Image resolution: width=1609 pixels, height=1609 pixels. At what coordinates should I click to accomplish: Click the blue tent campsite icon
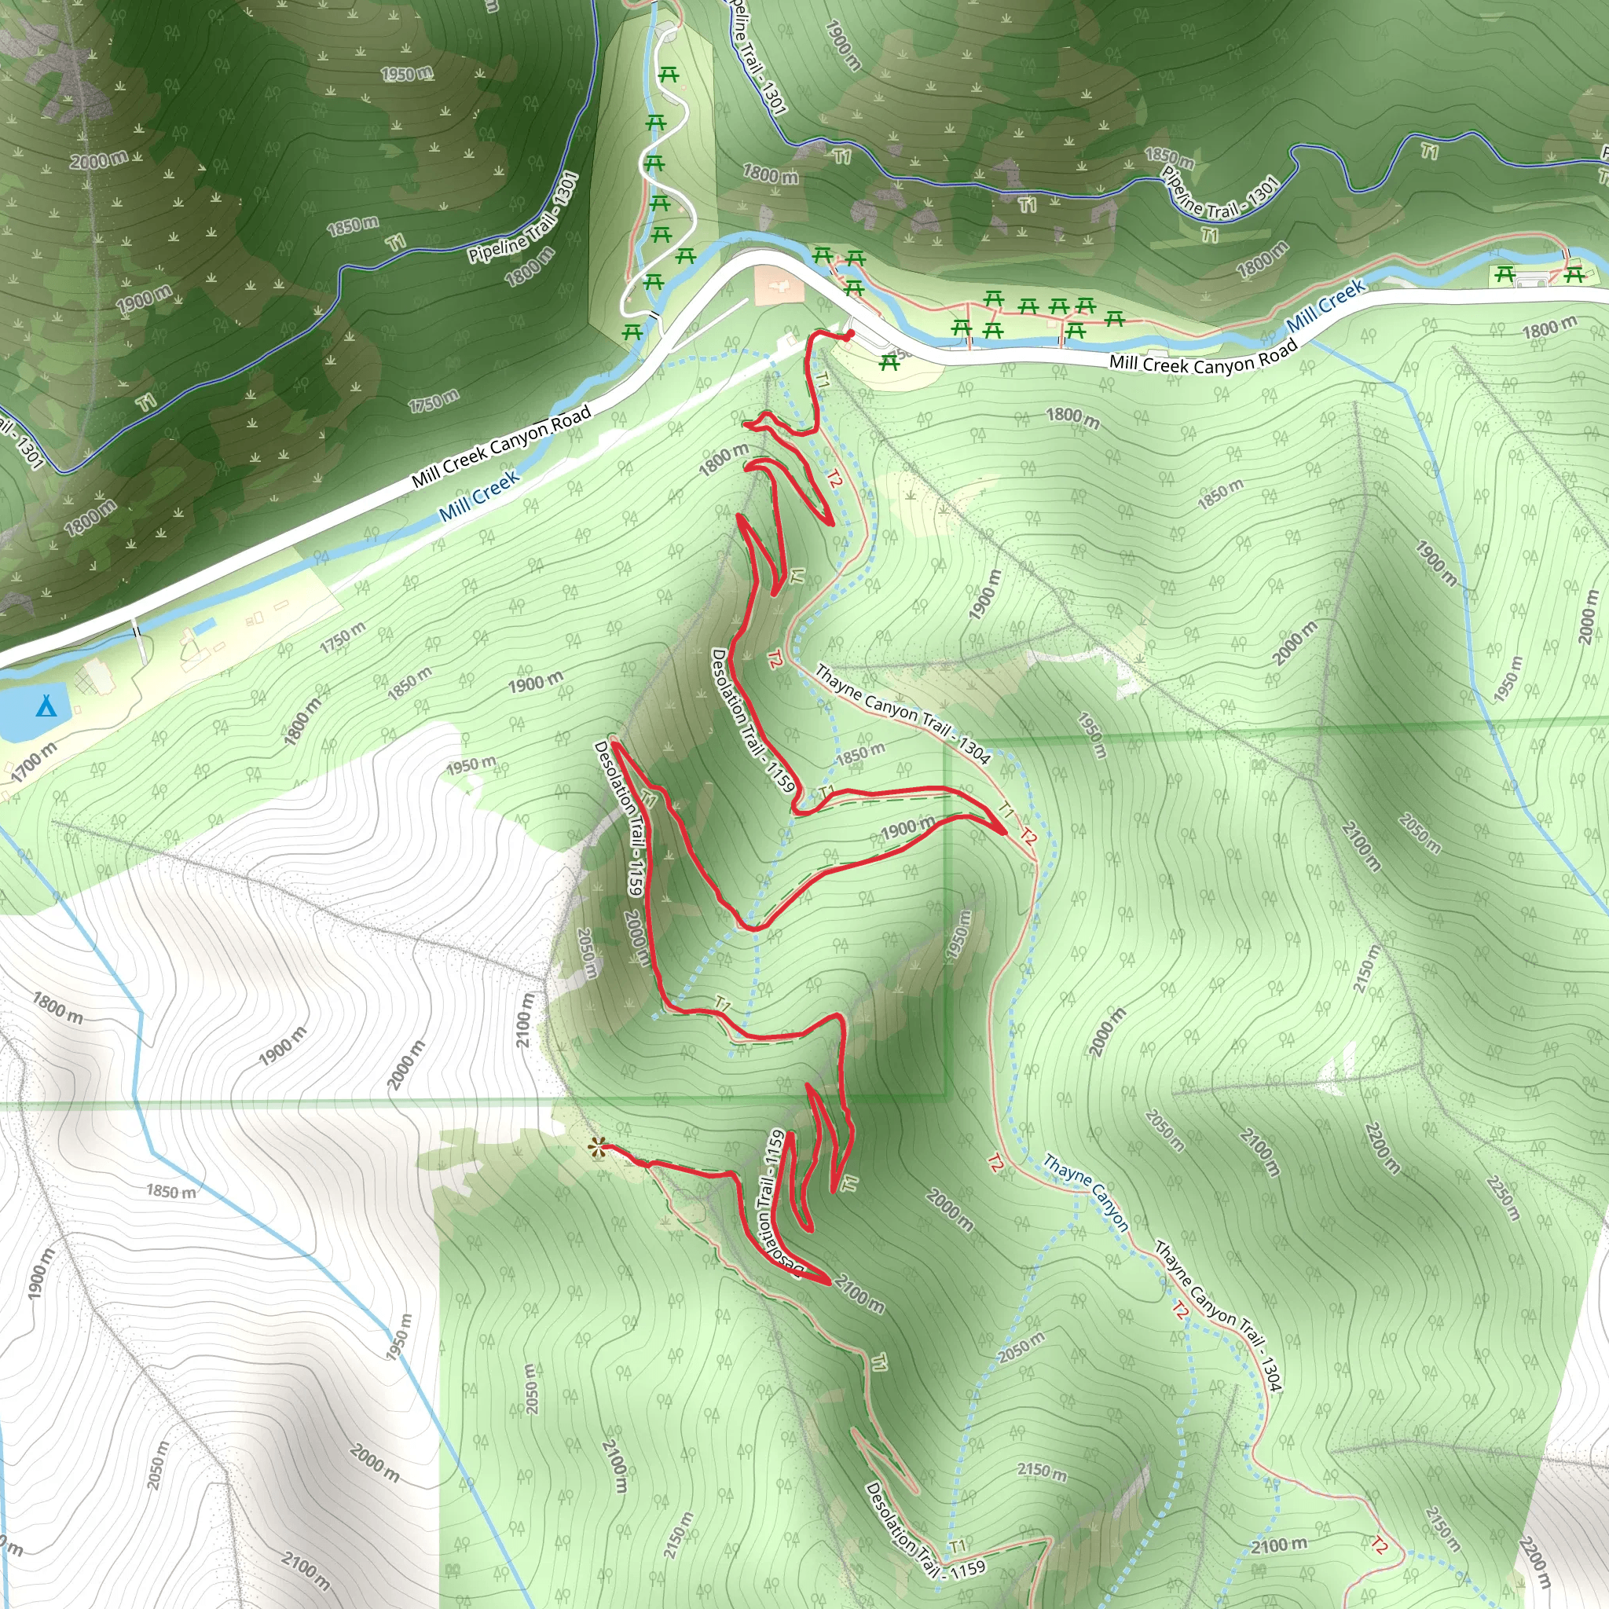coord(46,707)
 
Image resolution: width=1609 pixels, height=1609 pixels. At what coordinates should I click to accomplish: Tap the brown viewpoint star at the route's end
coord(596,1149)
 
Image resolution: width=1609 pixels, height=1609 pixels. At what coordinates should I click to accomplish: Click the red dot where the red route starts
coord(849,335)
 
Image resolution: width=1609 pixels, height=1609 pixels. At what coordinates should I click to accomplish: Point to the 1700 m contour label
coord(34,762)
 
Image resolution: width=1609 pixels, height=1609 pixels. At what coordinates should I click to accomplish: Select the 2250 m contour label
coord(1503,1197)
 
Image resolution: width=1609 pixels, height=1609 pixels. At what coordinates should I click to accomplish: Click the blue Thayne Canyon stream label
coord(1086,1193)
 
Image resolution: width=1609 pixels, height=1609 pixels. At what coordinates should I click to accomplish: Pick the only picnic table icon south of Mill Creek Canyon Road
coord(889,362)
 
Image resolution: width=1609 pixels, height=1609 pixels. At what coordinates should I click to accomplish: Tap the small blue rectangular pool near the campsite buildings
coord(206,623)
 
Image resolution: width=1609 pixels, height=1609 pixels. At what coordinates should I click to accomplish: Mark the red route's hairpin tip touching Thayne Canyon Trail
coord(1005,831)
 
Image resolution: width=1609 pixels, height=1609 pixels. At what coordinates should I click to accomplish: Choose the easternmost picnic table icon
coord(1573,273)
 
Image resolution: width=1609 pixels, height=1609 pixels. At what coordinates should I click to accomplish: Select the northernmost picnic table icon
coord(668,75)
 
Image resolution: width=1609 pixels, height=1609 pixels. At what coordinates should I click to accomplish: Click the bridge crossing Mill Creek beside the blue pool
coord(140,640)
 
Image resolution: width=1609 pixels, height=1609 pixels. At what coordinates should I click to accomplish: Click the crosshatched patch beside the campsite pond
coord(86,681)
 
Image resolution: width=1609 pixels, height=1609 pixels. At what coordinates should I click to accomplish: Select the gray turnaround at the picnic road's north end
coord(665,33)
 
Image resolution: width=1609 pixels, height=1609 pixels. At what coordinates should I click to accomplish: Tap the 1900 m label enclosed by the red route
coord(907,829)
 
